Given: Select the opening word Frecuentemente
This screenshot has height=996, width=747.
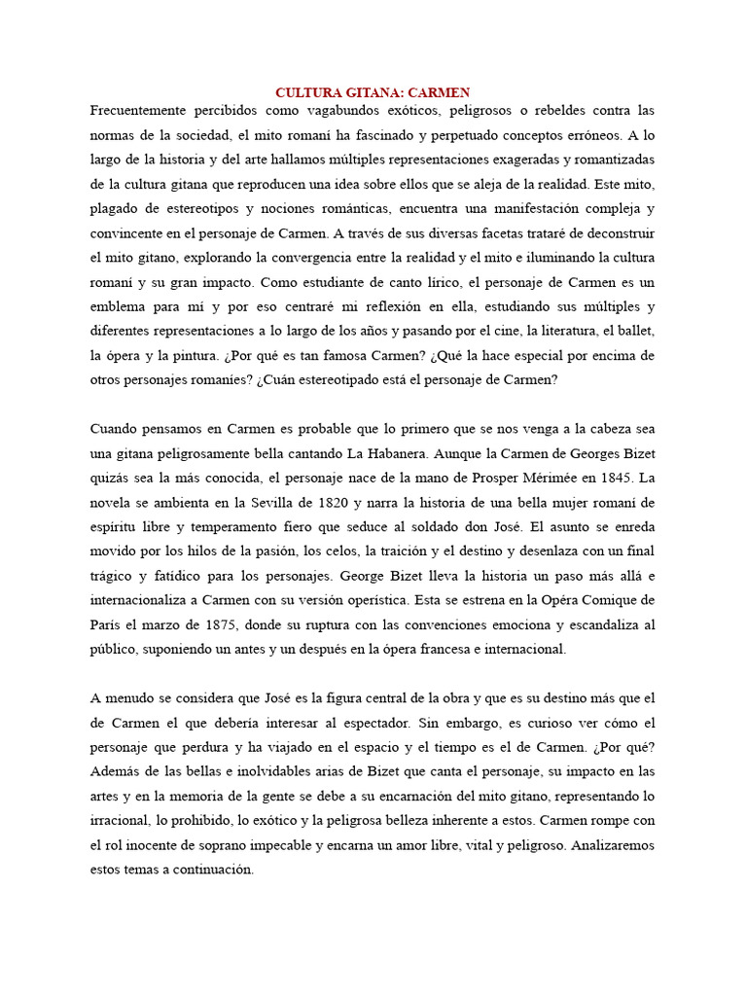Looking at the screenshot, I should pyautogui.click(x=138, y=111).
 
